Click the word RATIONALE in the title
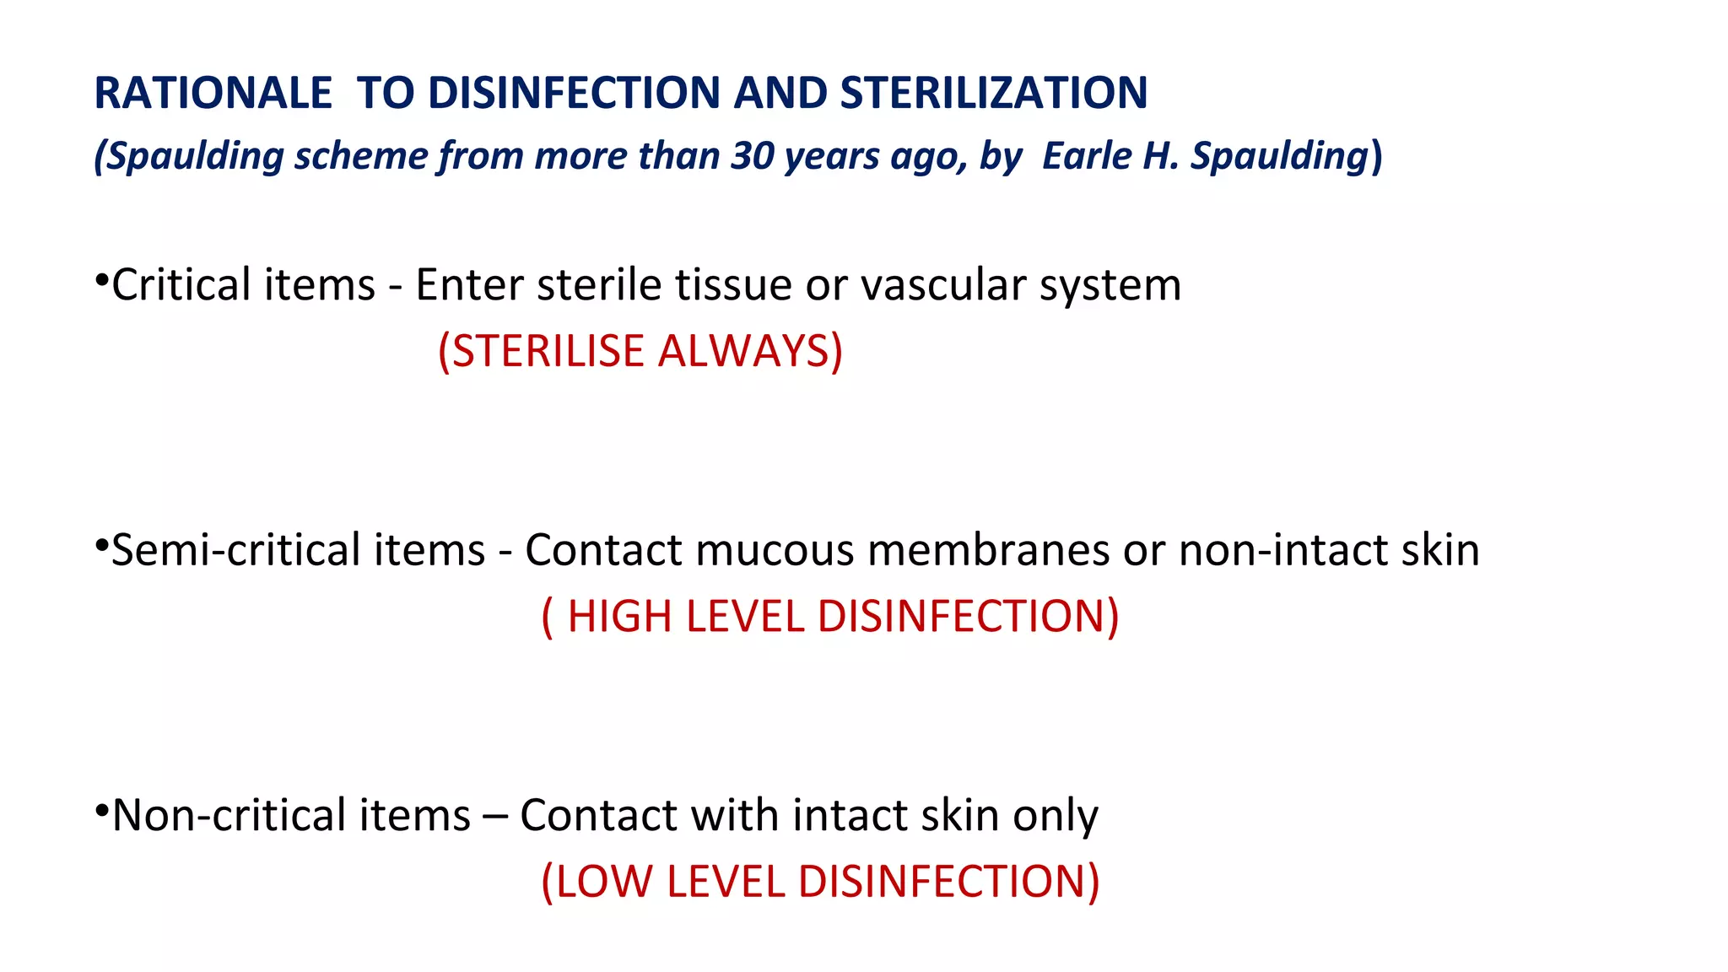213,93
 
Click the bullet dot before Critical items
100,278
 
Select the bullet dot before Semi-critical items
100,544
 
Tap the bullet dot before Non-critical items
100,810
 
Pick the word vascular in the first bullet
942,285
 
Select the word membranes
988,550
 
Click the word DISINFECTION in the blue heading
575,93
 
